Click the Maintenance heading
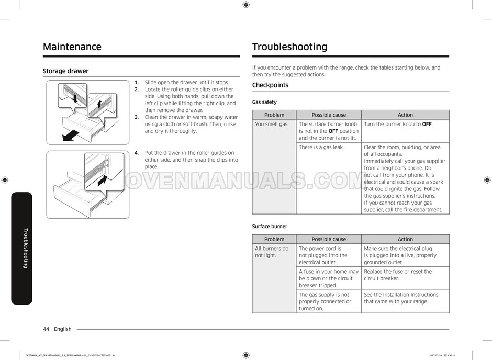(72, 47)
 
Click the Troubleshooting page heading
(289, 47)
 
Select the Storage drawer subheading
(65, 71)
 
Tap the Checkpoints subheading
(270, 85)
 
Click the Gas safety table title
(264, 102)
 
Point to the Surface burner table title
(270, 227)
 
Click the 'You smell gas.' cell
(272, 125)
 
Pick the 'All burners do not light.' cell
(272, 252)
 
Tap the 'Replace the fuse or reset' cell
(398, 275)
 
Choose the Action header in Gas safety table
(405, 115)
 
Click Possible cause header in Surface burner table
(329, 240)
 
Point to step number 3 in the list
(137, 118)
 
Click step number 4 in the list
(137, 153)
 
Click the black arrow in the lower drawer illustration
(105, 184)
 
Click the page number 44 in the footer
(47, 329)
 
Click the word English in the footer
(63, 329)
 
